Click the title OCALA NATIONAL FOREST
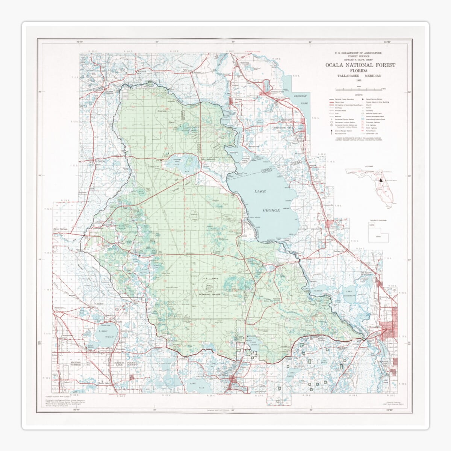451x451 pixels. point(360,65)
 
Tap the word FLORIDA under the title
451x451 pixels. point(360,71)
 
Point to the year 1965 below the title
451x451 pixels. point(360,81)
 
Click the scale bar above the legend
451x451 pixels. point(360,89)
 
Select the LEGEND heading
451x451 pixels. point(360,95)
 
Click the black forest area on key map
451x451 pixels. point(380,180)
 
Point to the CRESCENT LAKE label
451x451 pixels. point(301,100)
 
